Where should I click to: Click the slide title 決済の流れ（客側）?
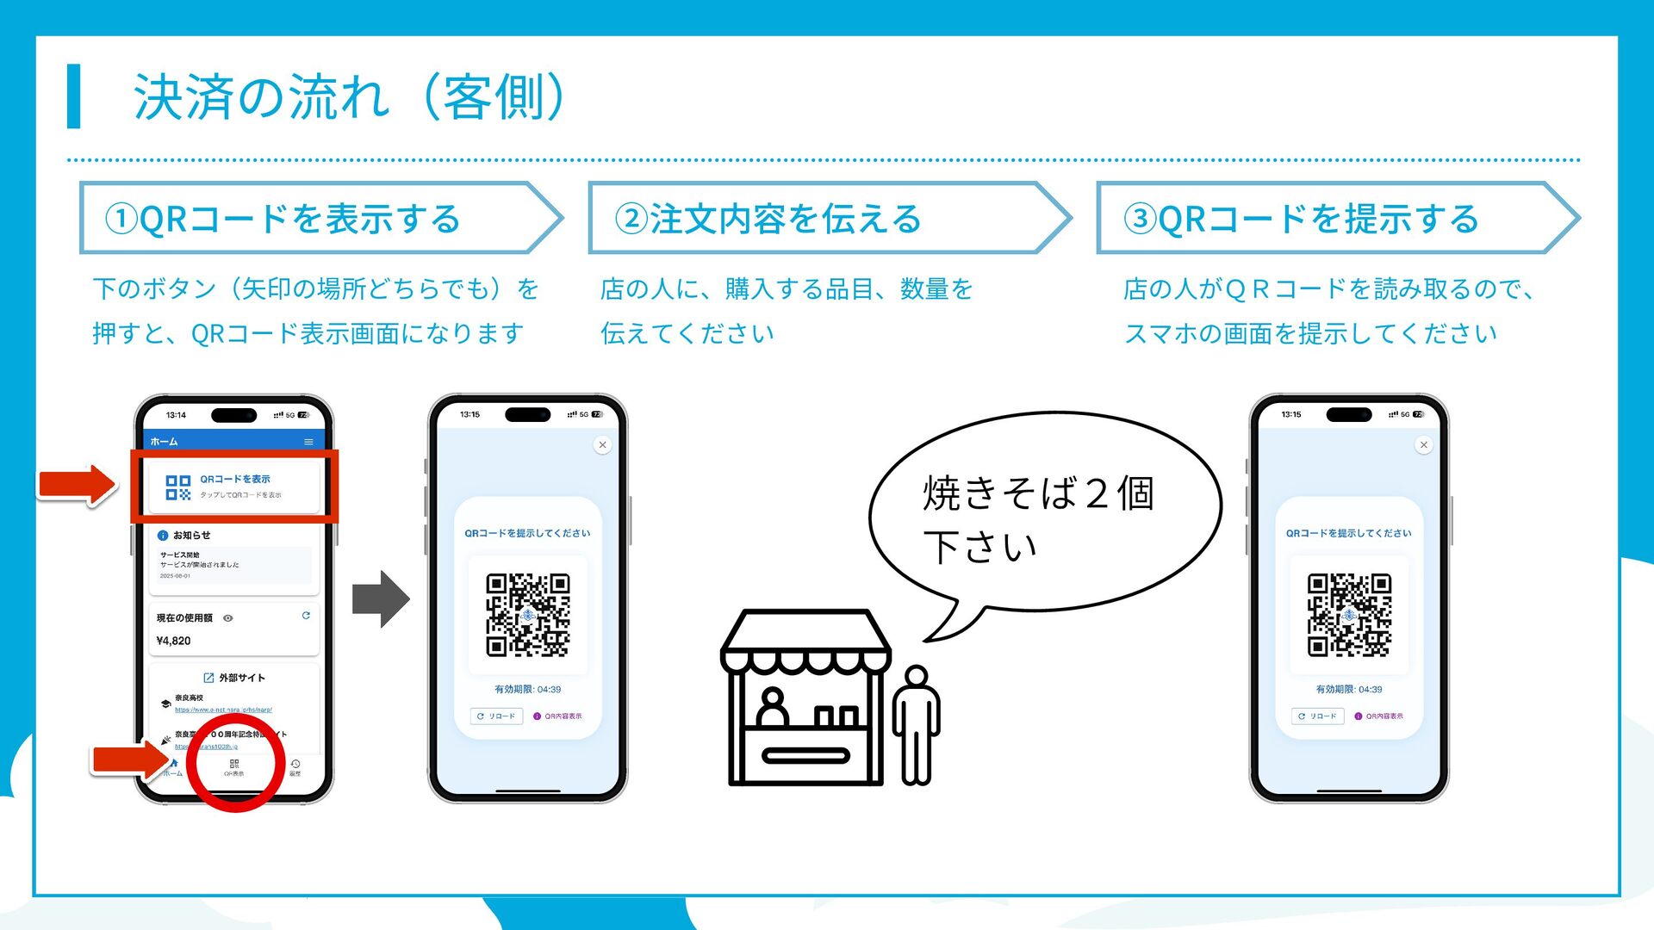pyautogui.click(x=349, y=96)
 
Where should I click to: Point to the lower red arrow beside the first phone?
pyautogui.click(x=129, y=759)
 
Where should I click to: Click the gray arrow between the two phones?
pyautogui.click(x=381, y=598)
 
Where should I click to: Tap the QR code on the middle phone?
pyautogui.click(x=528, y=615)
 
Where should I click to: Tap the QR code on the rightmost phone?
pyautogui.click(x=1349, y=615)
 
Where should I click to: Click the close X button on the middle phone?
pyautogui.click(x=602, y=445)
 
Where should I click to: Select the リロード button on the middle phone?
pyautogui.click(x=497, y=716)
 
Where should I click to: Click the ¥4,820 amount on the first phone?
pyautogui.click(x=174, y=641)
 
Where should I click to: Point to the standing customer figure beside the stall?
pyautogui.click(x=916, y=723)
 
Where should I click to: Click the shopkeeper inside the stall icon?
pyautogui.click(x=772, y=708)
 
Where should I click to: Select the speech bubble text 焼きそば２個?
pyautogui.click(x=1038, y=493)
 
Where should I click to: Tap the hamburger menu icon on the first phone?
pyautogui.click(x=308, y=442)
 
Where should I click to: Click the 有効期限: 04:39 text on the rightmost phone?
pyautogui.click(x=1349, y=690)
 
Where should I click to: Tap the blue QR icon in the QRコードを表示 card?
pyautogui.click(x=178, y=488)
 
